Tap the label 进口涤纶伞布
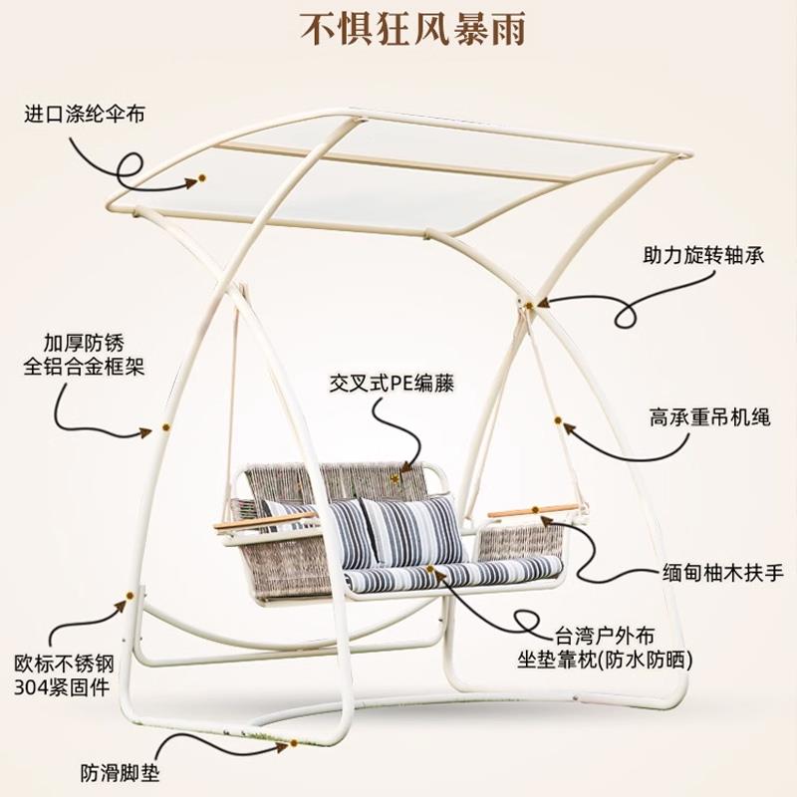click(x=85, y=115)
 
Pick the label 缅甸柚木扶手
click(x=723, y=573)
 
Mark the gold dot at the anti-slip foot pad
click(x=294, y=744)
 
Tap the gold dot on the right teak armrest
click(x=536, y=510)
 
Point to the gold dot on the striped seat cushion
click(x=430, y=570)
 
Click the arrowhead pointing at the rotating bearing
click(x=546, y=301)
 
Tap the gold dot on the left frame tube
click(x=164, y=428)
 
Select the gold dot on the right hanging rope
click(x=559, y=421)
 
